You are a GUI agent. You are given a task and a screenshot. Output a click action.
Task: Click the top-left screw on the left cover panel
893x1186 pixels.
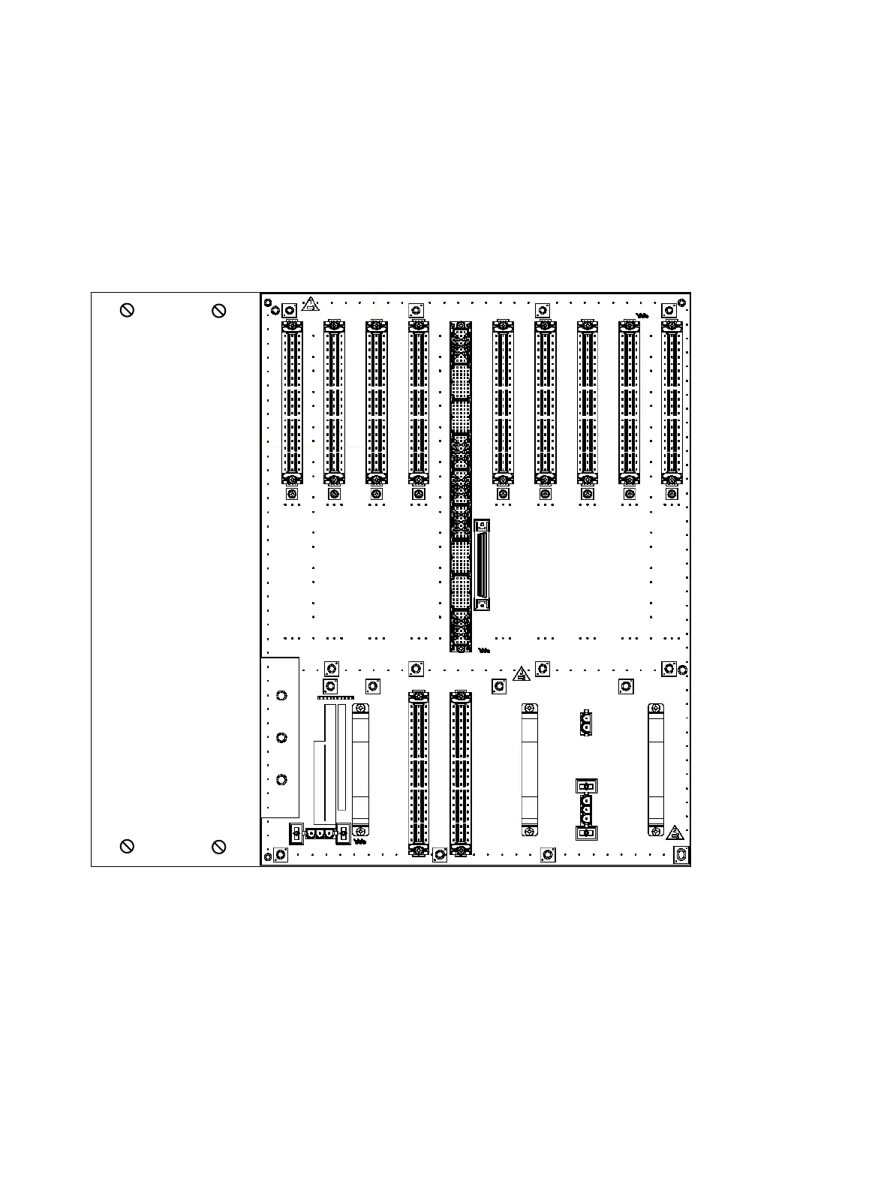128,310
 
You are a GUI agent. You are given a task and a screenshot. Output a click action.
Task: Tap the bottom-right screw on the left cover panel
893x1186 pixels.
219,847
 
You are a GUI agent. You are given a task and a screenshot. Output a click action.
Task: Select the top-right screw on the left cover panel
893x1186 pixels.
219,310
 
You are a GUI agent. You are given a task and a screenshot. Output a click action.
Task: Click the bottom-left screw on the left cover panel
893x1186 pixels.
128,847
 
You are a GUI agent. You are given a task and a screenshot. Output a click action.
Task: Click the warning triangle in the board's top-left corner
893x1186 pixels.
311,305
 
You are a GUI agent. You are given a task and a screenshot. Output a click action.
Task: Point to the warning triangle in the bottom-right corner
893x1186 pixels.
675,832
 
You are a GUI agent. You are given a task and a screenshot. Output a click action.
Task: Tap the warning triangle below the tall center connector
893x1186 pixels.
522,673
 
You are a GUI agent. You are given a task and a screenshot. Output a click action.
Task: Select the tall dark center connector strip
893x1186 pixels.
460,486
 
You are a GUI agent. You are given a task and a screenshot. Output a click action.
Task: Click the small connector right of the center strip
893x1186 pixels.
482,564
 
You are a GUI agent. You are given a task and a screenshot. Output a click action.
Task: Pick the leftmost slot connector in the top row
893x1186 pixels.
292,402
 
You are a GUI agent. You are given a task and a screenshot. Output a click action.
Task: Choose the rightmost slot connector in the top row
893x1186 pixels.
672,402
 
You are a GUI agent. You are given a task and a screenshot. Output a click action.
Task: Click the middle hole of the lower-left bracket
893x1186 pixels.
281,738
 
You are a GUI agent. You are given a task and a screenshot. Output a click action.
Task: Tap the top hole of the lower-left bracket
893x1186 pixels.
281,696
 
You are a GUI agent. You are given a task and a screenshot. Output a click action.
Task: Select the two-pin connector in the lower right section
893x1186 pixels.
586,722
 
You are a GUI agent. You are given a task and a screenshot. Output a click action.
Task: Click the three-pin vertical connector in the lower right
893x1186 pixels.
586,810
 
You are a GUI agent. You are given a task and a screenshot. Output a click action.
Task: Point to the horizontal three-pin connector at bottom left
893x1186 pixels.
320,832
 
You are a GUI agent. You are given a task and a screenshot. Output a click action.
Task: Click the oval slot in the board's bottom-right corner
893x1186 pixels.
681,855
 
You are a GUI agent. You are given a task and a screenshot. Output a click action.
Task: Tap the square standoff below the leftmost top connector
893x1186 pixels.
292,494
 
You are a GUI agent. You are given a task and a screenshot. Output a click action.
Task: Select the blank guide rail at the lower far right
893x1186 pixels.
656,769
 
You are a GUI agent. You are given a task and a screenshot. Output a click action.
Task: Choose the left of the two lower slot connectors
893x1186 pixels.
419,773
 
